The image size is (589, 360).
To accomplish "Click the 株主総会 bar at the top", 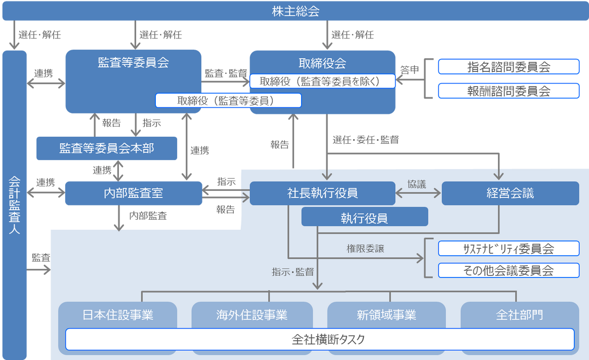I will [x=294, y=11].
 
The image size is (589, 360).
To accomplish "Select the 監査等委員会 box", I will [x=133, y=63].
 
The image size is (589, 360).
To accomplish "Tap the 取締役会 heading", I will [x=322, y=63].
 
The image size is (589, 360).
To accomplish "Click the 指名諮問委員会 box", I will [x=508, y=67].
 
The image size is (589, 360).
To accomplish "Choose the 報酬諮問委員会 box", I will [x=508, y=91].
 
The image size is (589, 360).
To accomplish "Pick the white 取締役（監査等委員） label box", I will [x=228, y=100].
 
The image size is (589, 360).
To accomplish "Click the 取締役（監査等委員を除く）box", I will [x=322, y=81].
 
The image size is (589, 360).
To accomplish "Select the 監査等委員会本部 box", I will [x=107, y=148].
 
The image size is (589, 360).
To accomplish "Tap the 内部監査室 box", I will [x=133, y=193].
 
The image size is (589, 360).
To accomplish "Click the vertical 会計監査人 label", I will [x=14, y=203].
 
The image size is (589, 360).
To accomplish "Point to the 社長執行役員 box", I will [x=322, y=193].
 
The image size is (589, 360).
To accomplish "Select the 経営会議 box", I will [x=510, y=193].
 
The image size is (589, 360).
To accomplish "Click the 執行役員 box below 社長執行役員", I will [x=364, y=217].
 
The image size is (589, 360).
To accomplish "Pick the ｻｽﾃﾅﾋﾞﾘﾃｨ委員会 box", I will [x=508, y=249].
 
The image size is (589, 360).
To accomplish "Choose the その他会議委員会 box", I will [x=508, y=270].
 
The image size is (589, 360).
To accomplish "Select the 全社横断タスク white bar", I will [x=320, y=339].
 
